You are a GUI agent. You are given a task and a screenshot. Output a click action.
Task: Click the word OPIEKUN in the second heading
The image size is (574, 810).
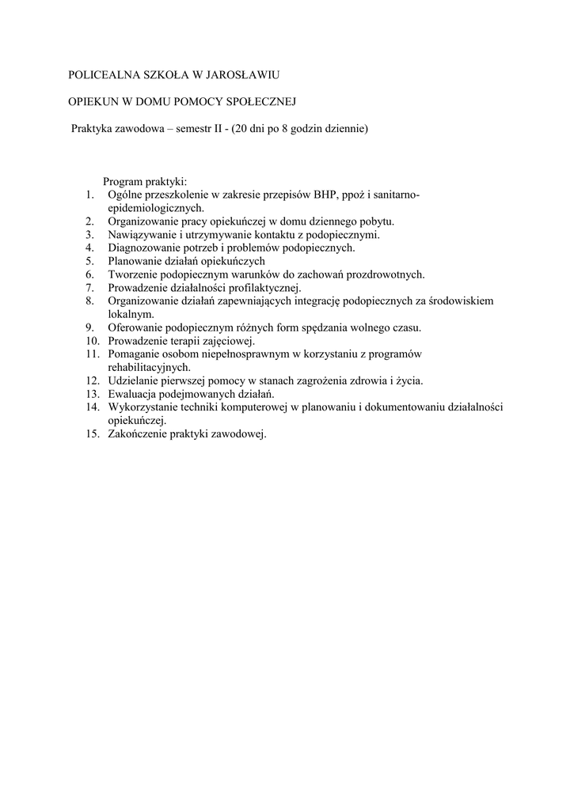(92, 101)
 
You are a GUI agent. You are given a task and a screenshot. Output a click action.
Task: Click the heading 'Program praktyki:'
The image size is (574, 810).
(145, 182)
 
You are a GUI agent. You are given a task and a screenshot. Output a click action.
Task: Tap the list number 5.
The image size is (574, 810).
(91, 260)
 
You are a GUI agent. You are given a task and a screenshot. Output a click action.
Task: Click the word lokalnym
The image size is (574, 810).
(131, 313)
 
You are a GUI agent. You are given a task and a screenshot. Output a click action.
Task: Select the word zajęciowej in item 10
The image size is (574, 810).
(227, 340)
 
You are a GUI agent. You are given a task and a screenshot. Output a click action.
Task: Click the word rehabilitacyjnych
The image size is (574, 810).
(150, 367)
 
